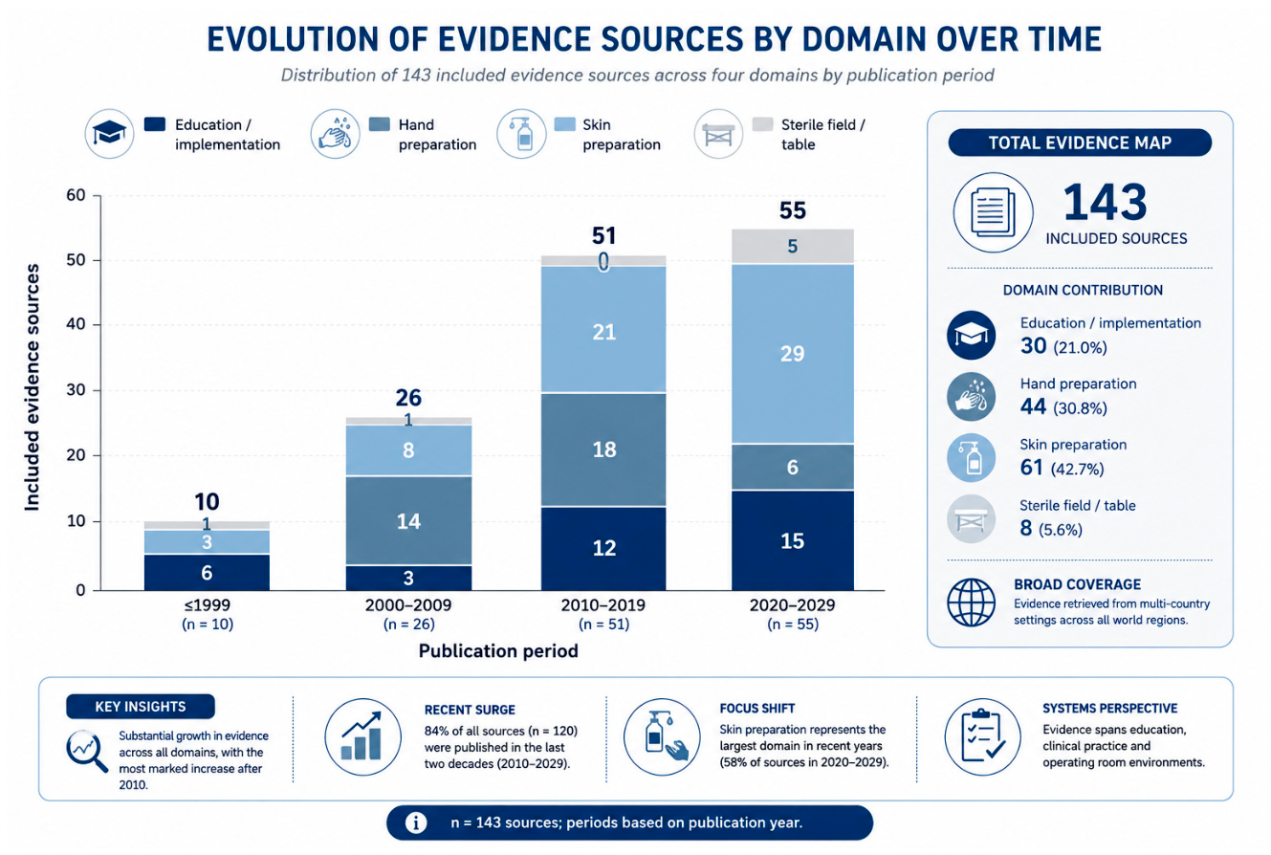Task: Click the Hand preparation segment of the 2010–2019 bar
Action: [x=603, y=449]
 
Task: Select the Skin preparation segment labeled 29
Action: [x=792, y=354]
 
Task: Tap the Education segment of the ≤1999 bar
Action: [x=207, y=573]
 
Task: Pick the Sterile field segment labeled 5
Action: [x=792, y=246]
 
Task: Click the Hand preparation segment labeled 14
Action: [x=408, y=521]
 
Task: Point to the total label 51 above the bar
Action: [x=603, y=235]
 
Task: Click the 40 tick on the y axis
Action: [x=76, y=324]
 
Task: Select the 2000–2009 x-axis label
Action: [x=408, y=605]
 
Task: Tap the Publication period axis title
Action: [x=498, y=650]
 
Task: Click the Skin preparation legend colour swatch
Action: [x=564, y=124]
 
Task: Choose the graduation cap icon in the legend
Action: [x=110, y=134]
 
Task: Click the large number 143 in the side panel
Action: [x=1105, y=203]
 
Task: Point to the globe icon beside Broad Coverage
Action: [x=971, y=603]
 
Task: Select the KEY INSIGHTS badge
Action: [x=141, y=707]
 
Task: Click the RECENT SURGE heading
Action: [x=470, y=710]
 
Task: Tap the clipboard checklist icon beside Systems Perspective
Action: [x=983, y=736]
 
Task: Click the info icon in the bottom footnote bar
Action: [x=416, y=822]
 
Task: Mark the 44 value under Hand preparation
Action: [x=1033, y=406]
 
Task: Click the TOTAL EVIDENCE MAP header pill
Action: [x=1080, y=142]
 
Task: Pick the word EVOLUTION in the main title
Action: [x=292, y=40]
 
